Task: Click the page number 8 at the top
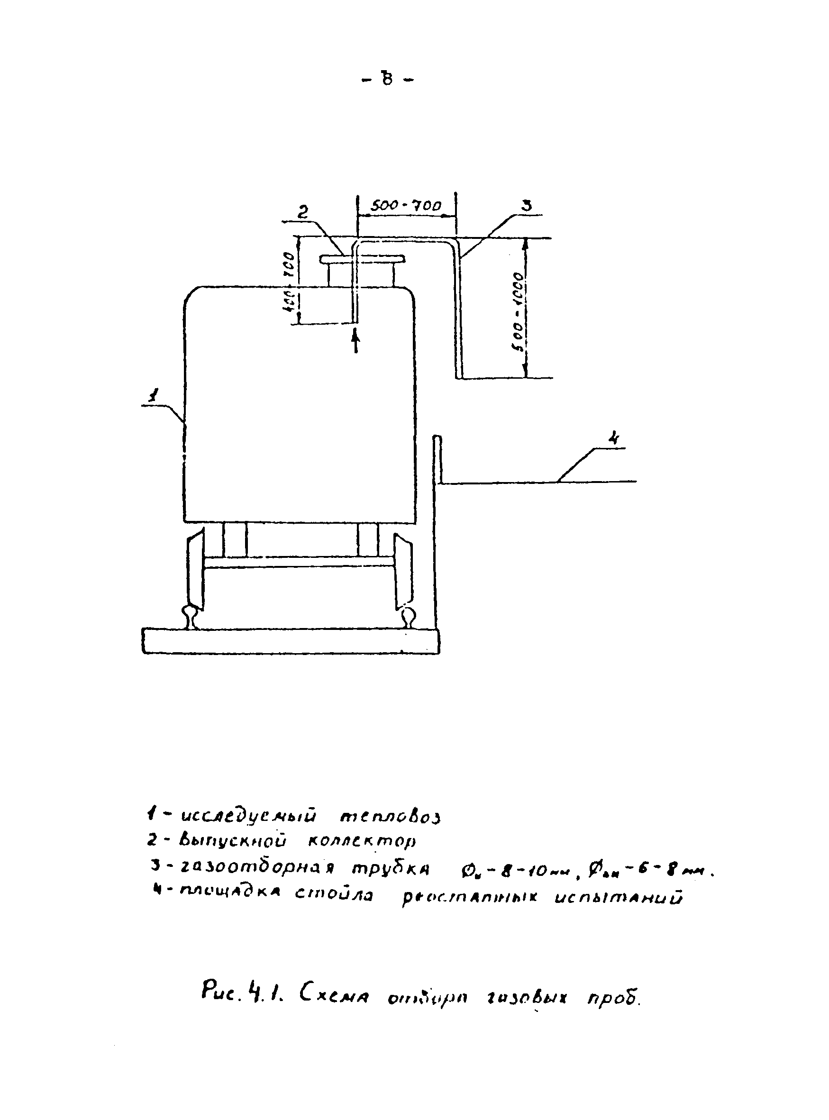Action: pos(387,79)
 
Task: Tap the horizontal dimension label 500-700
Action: pos(405,206)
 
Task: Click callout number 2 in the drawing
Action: pos(302,212)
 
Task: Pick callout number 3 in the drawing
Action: pos(527,206)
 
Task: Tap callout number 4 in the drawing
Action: pos(613,438)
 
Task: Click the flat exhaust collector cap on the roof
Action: pos(362,259)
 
